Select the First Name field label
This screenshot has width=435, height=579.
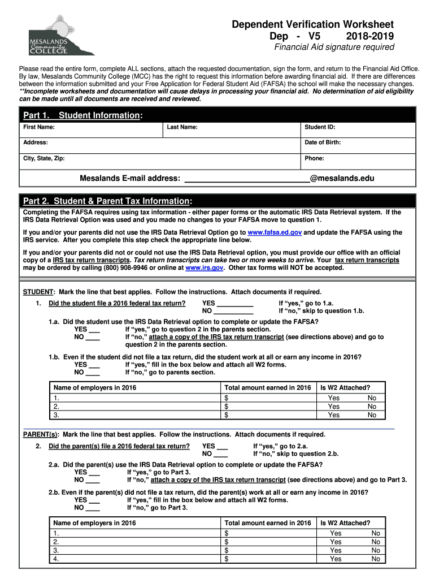(38, 127)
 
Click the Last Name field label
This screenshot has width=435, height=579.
(182, 127)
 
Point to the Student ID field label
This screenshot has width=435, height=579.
(320, 127)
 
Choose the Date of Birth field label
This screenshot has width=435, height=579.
(323, 142)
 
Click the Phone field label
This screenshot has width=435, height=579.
(315, 158)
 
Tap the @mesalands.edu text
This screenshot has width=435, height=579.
(342, 179)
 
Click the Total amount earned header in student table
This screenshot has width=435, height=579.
(268, 388)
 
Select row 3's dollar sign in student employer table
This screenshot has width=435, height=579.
(227, 415)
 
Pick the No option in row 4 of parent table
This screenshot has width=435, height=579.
(376, 559)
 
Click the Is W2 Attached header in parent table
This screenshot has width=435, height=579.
(345, 523)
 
